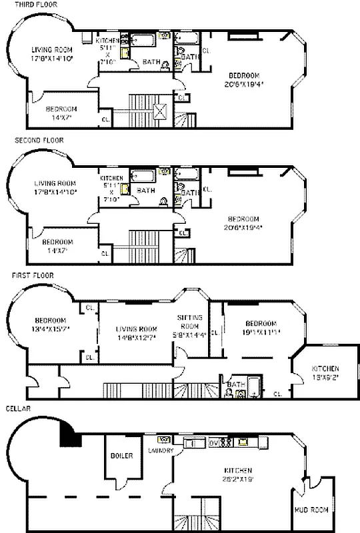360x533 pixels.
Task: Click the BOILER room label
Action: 123,456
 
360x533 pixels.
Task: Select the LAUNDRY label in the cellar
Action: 163,450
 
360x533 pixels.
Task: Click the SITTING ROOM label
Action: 189,322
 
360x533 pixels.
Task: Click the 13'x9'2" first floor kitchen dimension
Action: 325,378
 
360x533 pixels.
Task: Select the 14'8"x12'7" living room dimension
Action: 136,338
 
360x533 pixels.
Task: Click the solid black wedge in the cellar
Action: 70,436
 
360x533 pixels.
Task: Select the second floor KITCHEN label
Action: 111,178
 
